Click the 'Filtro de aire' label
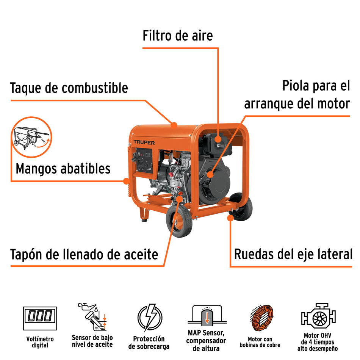(177, 36)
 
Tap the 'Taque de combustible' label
(69, 88)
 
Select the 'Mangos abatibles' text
(63, 168)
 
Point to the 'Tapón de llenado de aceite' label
(84, 254)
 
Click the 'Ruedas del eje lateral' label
(293, 254)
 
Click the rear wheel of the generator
(241, 207)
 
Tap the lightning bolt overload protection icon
(149, 318)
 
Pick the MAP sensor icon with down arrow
(207, 316)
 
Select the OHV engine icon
(318, 315)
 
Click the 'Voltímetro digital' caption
(39, 342)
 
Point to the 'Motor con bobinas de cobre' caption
(260, 342)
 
